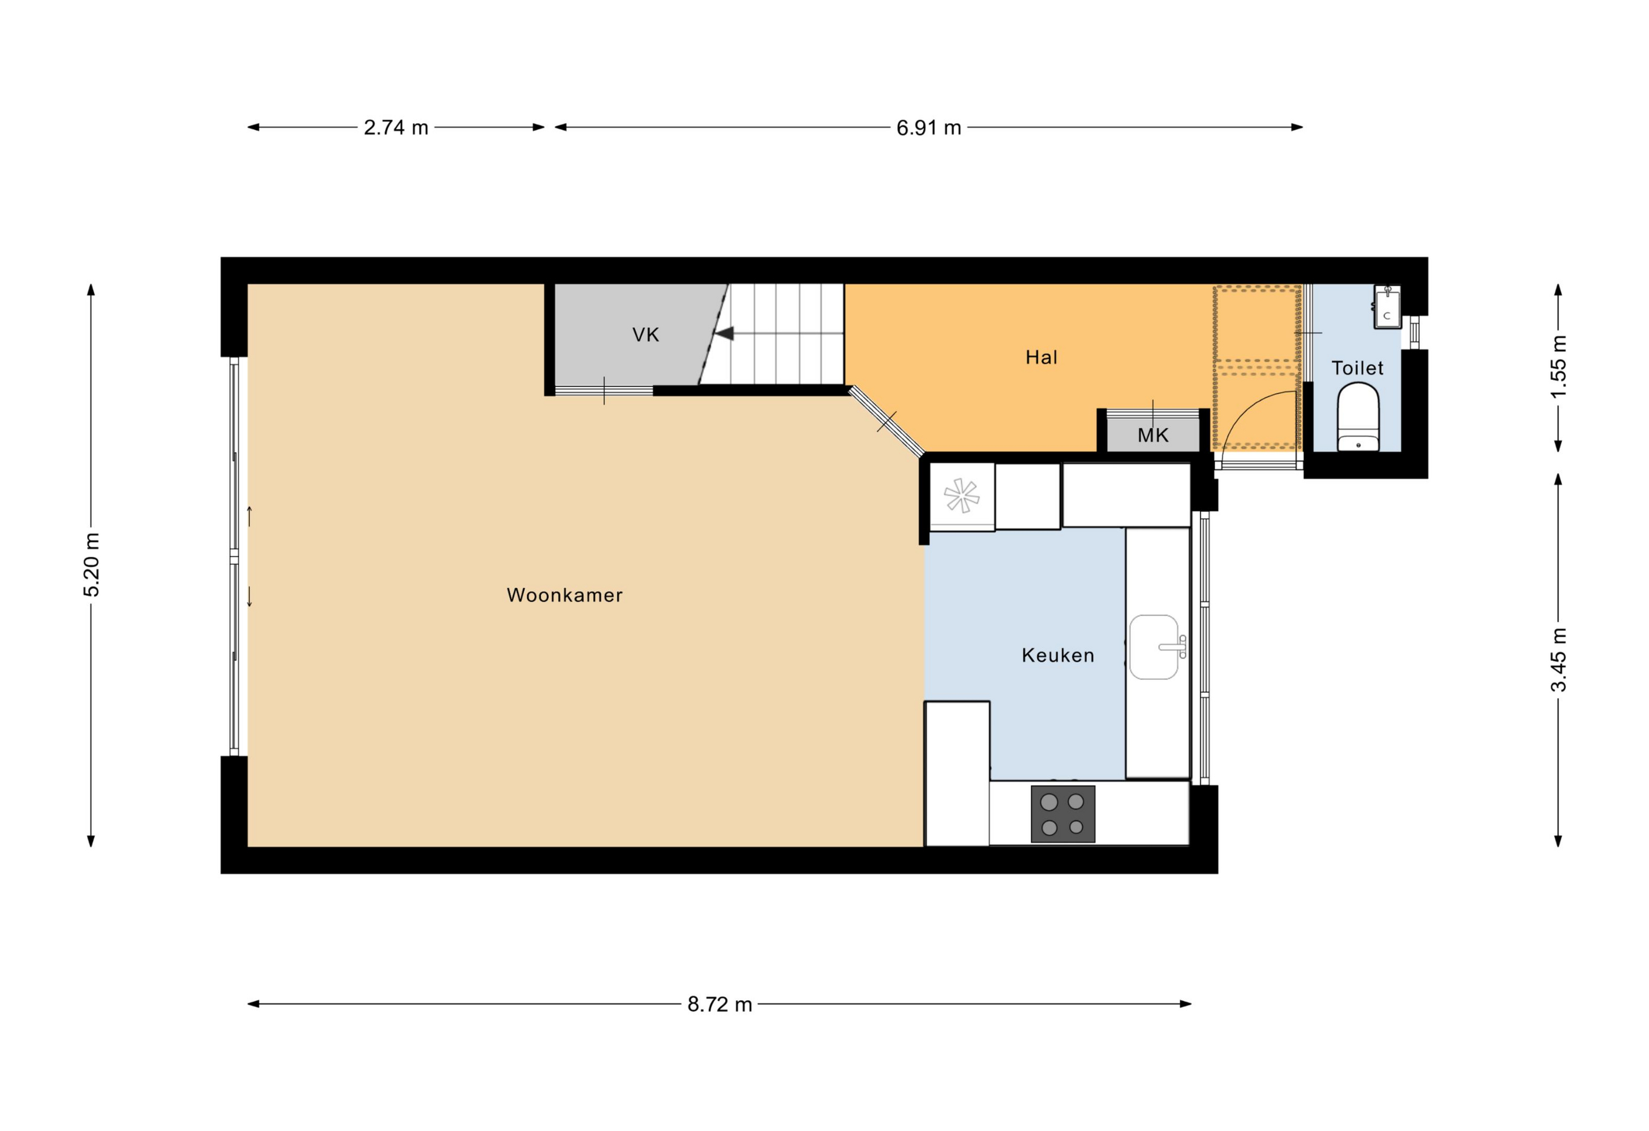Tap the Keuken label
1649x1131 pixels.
click(x=1057, y=655)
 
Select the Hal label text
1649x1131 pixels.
click(x=1041, y=357)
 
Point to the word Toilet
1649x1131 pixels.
click(x=1357, y=368)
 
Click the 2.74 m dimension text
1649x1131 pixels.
click(x=396, y=127)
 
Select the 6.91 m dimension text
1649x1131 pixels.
click(x=928, y=128)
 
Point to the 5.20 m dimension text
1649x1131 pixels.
click(x=91, y=564)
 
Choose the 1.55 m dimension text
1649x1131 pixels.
click(x=1558, y=367)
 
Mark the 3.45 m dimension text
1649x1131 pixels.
click(x=1558, y=660)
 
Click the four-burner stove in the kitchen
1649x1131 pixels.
click(x=1062, y=814)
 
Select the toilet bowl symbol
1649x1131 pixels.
click(x=1358, y=417)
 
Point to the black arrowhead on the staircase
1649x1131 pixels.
click(x=724, y=333)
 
